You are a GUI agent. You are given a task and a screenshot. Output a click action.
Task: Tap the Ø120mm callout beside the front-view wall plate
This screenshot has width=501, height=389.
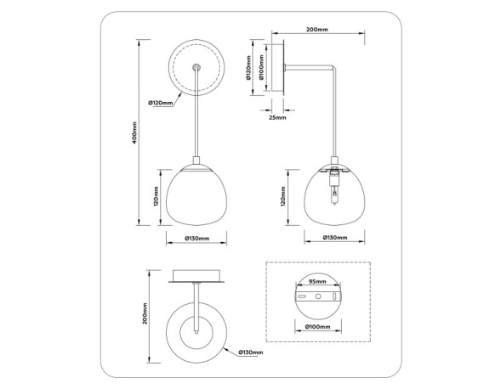160,104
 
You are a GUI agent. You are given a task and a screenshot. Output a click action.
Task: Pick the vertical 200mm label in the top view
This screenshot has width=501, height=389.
146,315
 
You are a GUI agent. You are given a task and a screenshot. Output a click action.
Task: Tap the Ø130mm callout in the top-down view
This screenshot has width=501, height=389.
250,352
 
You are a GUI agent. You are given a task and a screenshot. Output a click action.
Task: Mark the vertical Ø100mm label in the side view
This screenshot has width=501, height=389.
262,70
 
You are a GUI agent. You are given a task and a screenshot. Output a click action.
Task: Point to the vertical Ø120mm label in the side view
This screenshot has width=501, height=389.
249,70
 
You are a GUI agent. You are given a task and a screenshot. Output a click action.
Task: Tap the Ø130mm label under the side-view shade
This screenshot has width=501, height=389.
334,239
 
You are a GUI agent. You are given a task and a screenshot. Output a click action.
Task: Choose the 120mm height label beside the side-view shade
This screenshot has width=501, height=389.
282,198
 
